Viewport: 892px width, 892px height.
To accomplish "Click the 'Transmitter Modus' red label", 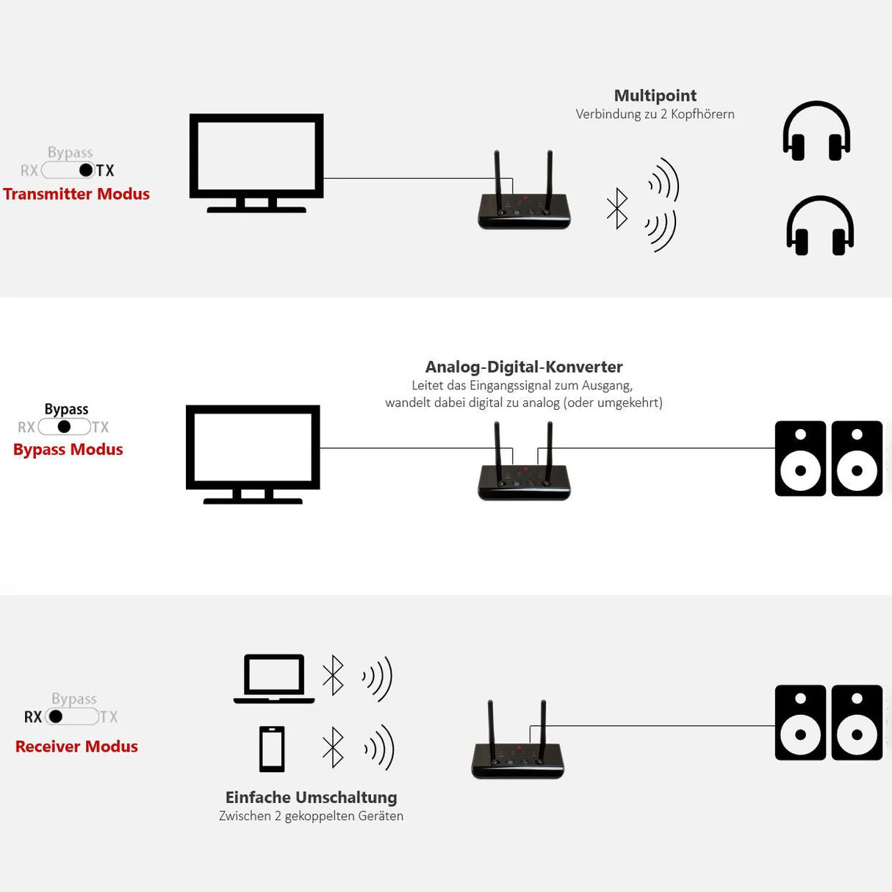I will pyautogui.click(x=76, y=194).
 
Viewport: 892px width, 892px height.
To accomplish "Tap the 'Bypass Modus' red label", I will pyautogui.click(x=68, y=449).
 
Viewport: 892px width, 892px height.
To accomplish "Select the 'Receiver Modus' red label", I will pyautogui.click(x=76, y=747).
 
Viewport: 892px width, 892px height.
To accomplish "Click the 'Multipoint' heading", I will pyautogui.click(x=655, y=96).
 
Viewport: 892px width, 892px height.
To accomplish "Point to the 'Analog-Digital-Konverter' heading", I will pyautogui.click(x=524, y=367).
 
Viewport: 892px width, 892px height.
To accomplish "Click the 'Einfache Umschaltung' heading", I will pyautogui.click(x=311, y=797).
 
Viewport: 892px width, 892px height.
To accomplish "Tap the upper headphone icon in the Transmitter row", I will pyautogui.click(x=816, y=132).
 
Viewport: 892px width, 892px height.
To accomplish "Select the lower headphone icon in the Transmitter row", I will pyautogui.click(x=820, y=226).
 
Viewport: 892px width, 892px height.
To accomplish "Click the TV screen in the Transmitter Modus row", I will pyautogui.click(x=256, y=156).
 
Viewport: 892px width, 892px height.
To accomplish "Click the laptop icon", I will pyautogui.click(x=274, y=678).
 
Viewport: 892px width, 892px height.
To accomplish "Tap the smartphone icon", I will pyautogui.click(x=272, y=749).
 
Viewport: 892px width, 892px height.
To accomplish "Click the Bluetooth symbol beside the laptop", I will pyautogui.click(x=333, y=675).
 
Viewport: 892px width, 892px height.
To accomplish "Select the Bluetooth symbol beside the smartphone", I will pyautogui.click(x=333, y=747).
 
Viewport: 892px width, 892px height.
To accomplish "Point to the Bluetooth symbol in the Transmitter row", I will pyautogui.click(x=617, y=209).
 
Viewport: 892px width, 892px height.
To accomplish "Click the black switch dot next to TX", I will pyautogui.click(x=86, y=170).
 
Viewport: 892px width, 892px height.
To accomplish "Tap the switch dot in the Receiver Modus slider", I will pyautogui.click(x=56, y=716).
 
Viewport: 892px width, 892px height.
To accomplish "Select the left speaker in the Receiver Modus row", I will pyautogui.click(x=800, y=722).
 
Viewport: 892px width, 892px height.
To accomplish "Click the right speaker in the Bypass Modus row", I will pyautogui.click(x=857, y=458).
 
